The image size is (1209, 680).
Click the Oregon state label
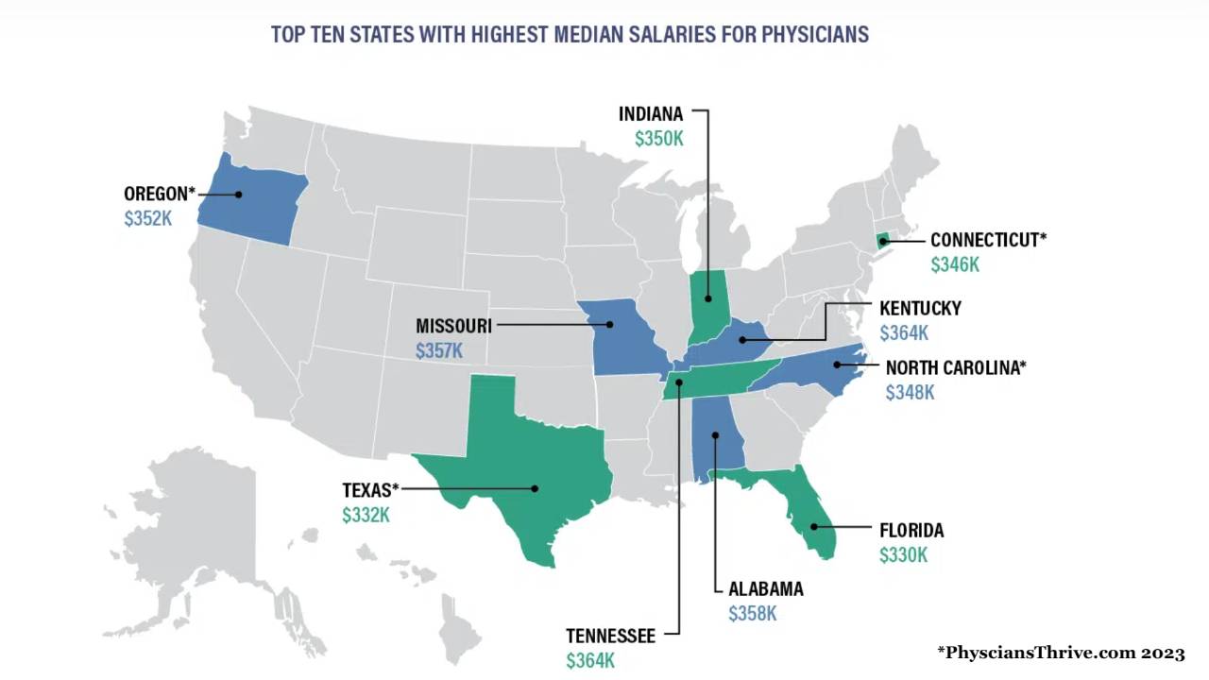[159, 194]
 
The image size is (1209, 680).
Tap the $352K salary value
[147, 219]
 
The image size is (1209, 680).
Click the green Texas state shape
[510, 463]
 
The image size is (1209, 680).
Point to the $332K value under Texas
[366, 516]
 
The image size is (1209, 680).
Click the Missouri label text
[453, 326]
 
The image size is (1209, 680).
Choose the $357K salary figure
[439, 351]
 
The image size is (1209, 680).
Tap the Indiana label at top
[650, 114]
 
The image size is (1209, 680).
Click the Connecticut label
[988, 240]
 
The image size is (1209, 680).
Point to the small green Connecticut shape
[883, 241]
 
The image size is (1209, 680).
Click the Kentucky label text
[920, 308]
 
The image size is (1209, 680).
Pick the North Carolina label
[955, 367]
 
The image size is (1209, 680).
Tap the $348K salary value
[910, 393]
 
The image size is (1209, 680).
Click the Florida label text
[911, 531]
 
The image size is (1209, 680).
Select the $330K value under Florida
[903, 556]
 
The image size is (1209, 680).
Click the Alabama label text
[766, 589]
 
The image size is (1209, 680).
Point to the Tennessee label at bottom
[610, 637]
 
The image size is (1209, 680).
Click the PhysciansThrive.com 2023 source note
[1060, 653]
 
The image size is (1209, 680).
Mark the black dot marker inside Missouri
[610, 325]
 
